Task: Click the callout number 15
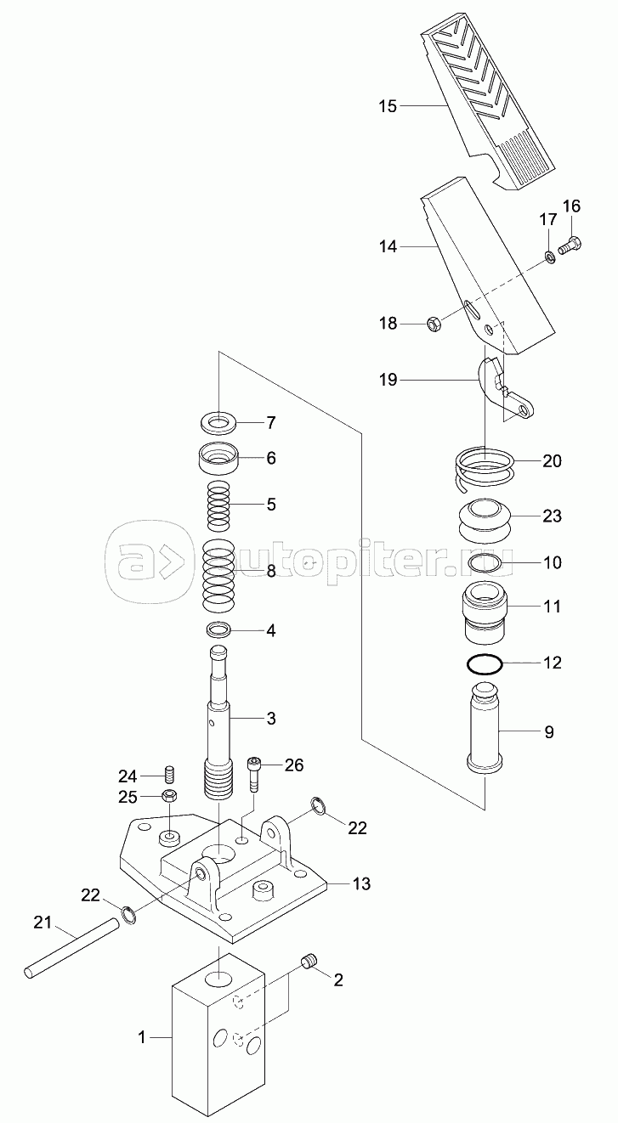pos(388,106)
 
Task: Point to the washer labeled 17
pos(550,255)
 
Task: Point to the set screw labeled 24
pos(169,775)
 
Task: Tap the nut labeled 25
pos(169,797)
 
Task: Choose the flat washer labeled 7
pos(220,422)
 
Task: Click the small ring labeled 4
pos(220,631)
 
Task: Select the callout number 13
pos(361,884)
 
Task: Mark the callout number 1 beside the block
pos(143,1036)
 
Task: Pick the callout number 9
pos(549,731)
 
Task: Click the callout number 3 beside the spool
pos(271,719)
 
